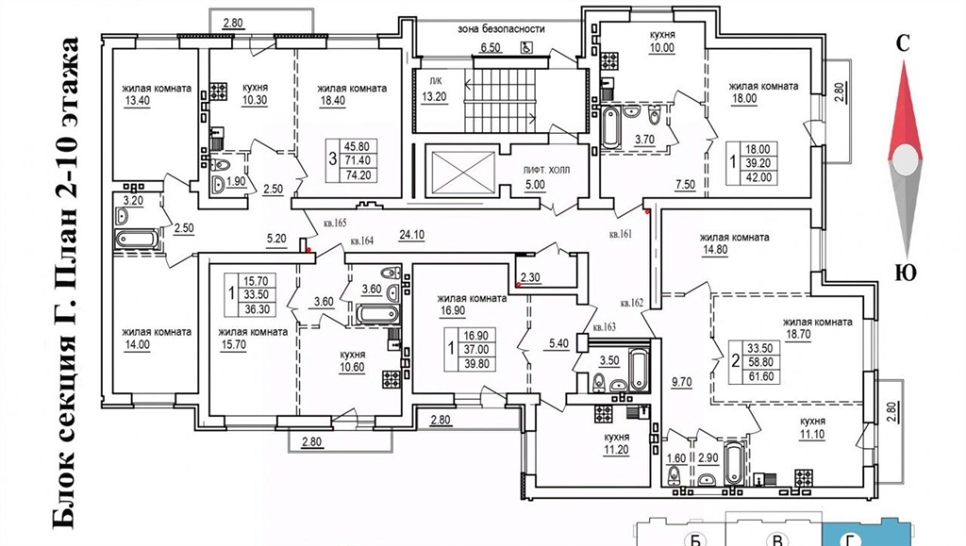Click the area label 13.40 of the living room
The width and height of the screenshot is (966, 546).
(137, 100)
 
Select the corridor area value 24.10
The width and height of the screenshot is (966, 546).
(411, 235)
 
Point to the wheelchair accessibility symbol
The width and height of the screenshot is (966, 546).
(525, 47)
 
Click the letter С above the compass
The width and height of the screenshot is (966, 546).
(903, 43)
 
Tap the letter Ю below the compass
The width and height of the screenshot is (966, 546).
(905, 272)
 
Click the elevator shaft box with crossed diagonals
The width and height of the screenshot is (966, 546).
(462, 171)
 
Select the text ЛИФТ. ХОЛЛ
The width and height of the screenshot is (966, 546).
(546, 170)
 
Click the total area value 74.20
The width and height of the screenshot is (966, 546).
(358, 174)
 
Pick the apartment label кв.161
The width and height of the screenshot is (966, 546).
(621, 234)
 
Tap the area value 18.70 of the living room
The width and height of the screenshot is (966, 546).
(798, 334)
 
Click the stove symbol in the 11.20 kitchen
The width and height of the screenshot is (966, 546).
(603, 414)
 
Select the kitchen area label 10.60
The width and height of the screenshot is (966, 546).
(352, 368)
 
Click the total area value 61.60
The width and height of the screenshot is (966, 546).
(761, 376)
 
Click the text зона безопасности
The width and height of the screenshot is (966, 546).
(501, 29)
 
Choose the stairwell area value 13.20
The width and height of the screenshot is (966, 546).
(434, 96)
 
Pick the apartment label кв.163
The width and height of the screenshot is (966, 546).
(604, 327)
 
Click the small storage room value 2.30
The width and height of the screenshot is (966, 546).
(530, 277)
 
